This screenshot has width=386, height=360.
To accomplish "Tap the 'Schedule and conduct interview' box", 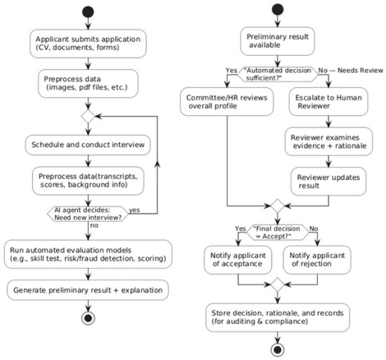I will [87, 145].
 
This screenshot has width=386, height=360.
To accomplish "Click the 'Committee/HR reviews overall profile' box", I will [222, 101].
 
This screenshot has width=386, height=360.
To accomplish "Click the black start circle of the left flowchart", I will [87, 12].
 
